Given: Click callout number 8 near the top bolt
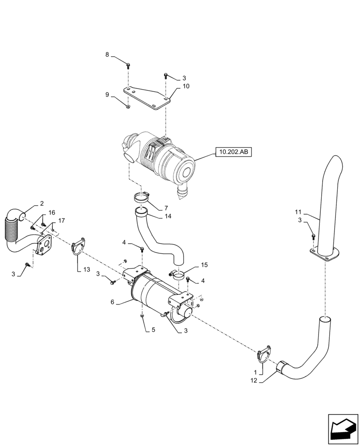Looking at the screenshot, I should coord(107,55).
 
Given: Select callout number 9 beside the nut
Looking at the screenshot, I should coord(107,95).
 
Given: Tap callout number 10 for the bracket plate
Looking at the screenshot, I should coord(185,86).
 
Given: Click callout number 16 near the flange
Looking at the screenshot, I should coord(52,212).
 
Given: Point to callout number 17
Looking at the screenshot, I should coord(61,220).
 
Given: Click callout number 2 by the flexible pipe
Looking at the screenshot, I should coord(41,203).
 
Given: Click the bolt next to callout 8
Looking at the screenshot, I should coord(128,65).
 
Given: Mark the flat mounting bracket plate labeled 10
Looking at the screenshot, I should coord(147,98).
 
